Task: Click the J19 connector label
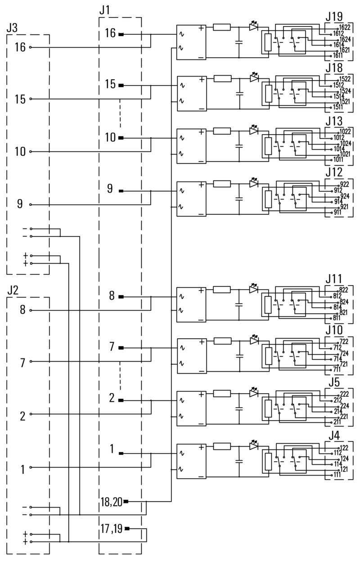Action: (333, 17)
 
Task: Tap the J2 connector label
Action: (13, 290)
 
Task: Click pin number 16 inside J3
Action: (20, 47)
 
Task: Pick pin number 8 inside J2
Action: (22, 310)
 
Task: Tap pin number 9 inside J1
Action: (110, 190)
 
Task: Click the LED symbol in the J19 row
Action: (254, 27)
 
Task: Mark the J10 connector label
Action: (333, 331)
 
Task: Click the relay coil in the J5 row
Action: (269, 409)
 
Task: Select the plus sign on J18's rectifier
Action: (201, 80)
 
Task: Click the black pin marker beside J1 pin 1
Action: (121, 453)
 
